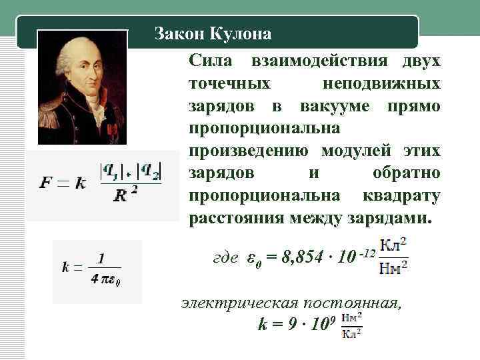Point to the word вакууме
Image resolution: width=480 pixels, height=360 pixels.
333,106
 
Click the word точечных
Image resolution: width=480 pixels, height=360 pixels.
230,83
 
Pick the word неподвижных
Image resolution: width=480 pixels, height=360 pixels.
381,83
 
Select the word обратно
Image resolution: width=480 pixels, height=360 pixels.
406,173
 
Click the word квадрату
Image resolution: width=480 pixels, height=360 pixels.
401,196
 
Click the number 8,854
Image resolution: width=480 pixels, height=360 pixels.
307,258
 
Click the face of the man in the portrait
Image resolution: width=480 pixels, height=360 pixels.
83,63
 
